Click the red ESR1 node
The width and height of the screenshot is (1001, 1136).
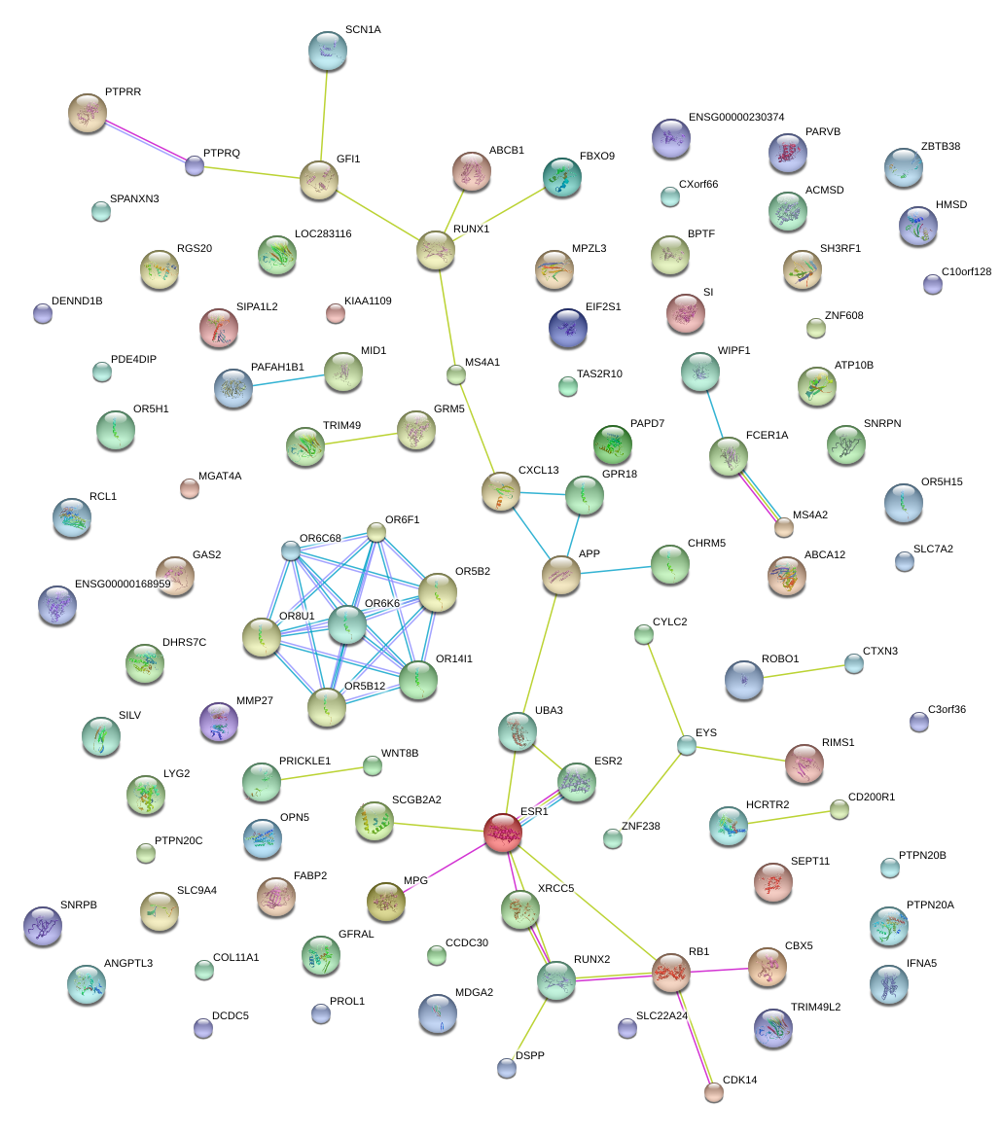coord(503,834)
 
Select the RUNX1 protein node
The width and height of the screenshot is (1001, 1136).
coord(436,250)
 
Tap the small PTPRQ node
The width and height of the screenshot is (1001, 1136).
coord(195,165)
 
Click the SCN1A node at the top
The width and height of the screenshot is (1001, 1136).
coord(327,51)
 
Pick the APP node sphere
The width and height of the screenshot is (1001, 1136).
coord(560,576)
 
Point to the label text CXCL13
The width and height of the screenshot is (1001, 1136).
coord(538,471)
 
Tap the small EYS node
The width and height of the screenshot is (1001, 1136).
coord(687,746)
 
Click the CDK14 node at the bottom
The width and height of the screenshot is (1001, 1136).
coord(714,1092)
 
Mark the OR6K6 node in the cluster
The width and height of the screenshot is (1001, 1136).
coord(346,625)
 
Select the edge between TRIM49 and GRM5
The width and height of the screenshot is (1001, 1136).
coord(360,437)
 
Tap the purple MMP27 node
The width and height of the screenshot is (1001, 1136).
coord(218,722)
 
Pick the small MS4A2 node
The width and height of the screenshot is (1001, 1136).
coord(784,527)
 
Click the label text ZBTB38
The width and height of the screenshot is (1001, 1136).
coord(940,147)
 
